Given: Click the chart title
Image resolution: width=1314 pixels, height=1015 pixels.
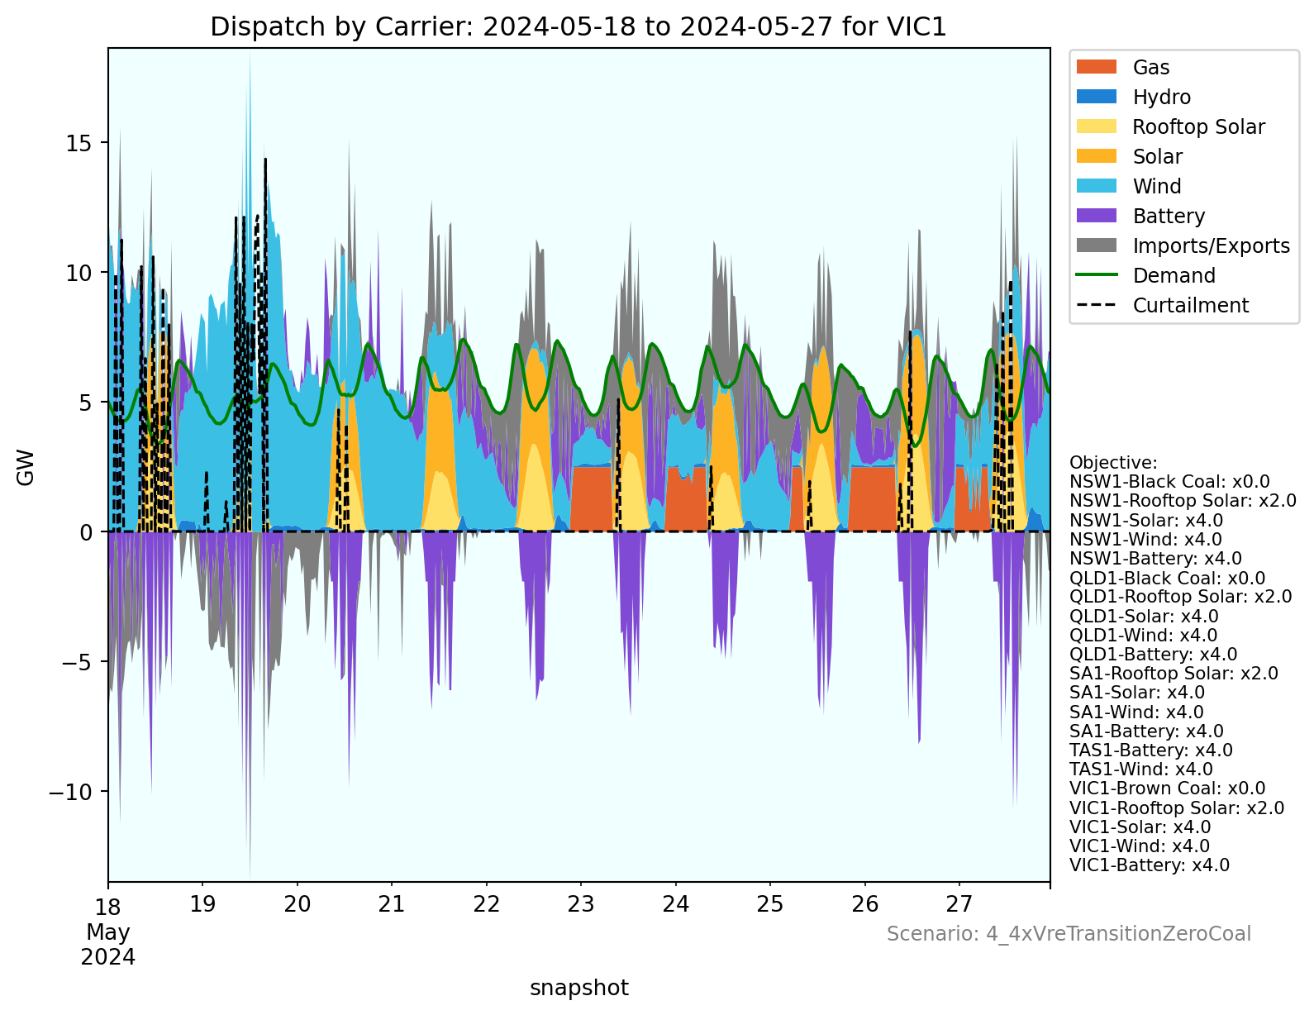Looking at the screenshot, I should tap(578, 27).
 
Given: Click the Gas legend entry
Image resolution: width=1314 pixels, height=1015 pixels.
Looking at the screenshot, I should tap(1150, 68).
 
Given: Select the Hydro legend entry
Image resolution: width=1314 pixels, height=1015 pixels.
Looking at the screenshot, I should tap(1161, 98).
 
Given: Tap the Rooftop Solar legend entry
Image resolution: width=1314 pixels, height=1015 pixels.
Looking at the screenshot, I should tap(1198, 127).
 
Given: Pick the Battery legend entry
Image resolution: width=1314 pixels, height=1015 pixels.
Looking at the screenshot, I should tap(1169, 217).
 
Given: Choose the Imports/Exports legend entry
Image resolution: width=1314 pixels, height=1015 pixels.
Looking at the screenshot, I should tap(1211, 246).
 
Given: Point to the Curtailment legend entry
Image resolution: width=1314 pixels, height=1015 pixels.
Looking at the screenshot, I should tap(1190, 306).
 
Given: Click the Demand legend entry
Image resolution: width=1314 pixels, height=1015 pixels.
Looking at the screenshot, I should tap(1174, 276).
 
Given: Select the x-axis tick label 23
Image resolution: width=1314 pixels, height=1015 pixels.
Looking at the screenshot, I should tap(581, 904).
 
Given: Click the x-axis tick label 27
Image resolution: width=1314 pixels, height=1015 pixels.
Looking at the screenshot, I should tap(959, 904).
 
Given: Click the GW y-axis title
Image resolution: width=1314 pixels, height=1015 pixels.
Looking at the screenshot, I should tap(26, 467).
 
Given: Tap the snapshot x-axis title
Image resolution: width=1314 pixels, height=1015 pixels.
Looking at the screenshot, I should tap(578, 989).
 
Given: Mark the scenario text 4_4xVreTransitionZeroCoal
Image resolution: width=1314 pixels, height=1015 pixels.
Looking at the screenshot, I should tap(1069, 934).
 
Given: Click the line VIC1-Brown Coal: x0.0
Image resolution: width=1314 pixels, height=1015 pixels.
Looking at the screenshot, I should tap(1167, 789).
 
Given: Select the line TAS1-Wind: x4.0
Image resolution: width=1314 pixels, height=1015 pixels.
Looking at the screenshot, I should tap(1141, 770).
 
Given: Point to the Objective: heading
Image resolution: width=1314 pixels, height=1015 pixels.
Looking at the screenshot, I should tap(1113, 463).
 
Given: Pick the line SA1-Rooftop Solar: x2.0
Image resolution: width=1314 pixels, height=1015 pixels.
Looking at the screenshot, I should tap(1174, 674).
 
